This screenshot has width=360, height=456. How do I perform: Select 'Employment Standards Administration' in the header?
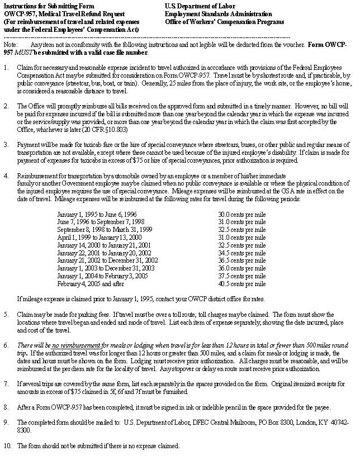(219, 13)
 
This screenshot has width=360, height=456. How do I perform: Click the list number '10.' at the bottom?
(7, 446)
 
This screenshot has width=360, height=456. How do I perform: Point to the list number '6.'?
(6, 346)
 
